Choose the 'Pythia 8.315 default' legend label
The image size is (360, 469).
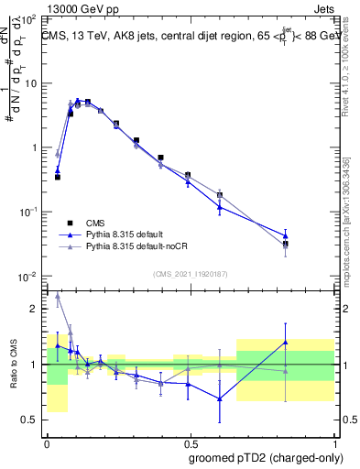(121, 234)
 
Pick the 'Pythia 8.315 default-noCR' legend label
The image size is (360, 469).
(131, 247)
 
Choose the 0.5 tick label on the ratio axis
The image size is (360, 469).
(30, 420)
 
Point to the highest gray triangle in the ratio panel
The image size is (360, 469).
(58, 295)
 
